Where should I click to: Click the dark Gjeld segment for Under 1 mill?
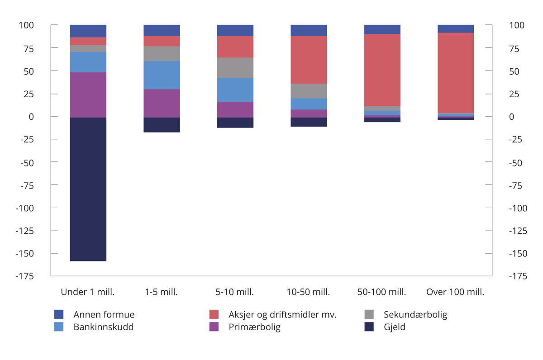[88, 189]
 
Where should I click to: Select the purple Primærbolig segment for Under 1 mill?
[88, 95]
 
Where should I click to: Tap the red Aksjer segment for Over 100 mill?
[456, 73]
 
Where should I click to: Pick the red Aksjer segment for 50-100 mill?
[382, 70]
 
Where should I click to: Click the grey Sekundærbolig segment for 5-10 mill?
[235, 68]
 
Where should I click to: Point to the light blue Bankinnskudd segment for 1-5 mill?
[162, 75]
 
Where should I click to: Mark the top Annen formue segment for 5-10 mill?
[235, 30]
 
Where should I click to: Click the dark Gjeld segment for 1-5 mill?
[162, 125]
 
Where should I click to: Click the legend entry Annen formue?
[104, 314]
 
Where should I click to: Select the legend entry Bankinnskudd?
[104, 327]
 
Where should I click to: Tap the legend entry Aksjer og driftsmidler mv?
[282, 314]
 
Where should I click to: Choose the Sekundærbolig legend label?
[415, 314]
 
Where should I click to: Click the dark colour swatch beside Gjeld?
[369, 327]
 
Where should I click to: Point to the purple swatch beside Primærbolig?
[214, 327]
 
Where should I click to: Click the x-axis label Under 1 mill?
[88, 292]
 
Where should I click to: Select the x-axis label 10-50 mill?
[309, 292]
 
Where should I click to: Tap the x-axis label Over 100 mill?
[455, 292]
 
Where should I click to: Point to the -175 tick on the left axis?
[26, 276]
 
